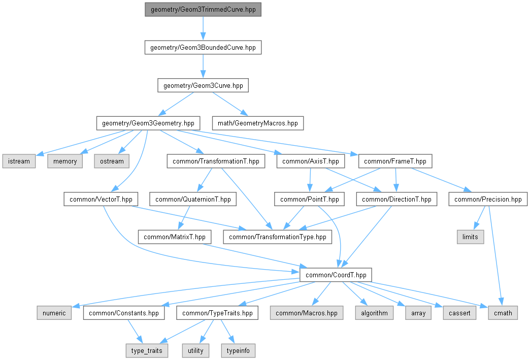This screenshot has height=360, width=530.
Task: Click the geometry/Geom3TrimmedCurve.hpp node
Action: (x=203, y=10)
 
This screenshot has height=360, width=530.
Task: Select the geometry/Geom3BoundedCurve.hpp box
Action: (x=203, y=48)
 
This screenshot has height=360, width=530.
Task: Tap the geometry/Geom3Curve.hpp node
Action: (x=203, y=85)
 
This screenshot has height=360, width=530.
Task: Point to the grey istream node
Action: (x=19, y=161)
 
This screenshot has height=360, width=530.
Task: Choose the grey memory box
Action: (x=65, y=161)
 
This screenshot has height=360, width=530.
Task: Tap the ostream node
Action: (x=111, y=161)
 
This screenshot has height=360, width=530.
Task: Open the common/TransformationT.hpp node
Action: (x=216, y=161)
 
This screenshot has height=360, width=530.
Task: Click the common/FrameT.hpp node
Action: (x=395, y=161)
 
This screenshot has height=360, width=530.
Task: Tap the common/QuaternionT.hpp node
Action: (x=193, y=199)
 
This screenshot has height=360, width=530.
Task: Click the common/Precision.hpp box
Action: (x=488, y=199)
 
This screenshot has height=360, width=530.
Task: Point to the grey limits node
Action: (x=470, y=237)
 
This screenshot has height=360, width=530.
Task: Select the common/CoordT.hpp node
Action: (x=336, y=275)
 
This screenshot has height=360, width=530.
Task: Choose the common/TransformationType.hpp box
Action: (x=278, y=237)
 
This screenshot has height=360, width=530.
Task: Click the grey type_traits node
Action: (x=147, y=350)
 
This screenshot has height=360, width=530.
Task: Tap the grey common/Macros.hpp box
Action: (x=306, y=313)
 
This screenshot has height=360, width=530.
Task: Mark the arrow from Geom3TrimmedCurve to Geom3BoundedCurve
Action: (x=203, y=28)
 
